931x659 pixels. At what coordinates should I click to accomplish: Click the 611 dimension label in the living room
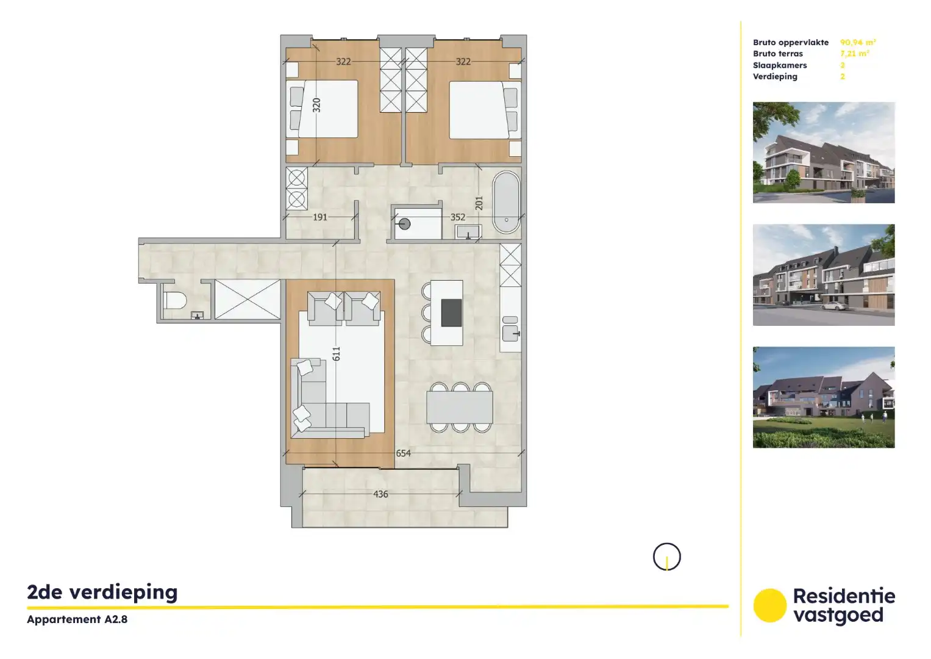click(x=336, y=353)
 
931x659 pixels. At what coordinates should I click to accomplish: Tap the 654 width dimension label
click(x=403, y=453)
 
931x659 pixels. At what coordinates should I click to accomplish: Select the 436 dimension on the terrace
click(x=380, y=494)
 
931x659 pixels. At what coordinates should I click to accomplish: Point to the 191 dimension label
click(x=320, y=217)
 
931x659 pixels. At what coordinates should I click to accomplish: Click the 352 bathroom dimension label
click(x=458, y=217)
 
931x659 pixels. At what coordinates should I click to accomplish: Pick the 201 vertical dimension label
click(x=479, y=203)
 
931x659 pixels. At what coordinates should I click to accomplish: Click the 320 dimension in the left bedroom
click(x=316, y=105)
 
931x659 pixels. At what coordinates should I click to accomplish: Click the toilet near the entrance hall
click(x=176, y=300)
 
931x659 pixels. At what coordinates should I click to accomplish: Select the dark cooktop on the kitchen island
click(x=451, y=312)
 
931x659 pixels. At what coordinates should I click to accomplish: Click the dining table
click(x=460, y=407)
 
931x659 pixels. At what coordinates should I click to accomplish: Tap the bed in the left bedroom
click(x=323, y=110)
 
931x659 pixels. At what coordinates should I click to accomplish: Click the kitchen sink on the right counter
click(x=510, y=333)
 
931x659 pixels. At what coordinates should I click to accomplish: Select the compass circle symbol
click(x=666, y=556)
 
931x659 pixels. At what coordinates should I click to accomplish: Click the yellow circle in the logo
click(x=769, y=605)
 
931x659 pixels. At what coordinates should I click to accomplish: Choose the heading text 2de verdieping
click(x=102, y=592)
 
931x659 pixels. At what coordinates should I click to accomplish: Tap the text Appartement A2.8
click(x=77, y=619)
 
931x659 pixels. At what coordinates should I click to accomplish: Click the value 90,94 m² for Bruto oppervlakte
click(x=858, y=42)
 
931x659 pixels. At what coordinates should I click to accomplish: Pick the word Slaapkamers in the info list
click(x=780, y=65)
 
